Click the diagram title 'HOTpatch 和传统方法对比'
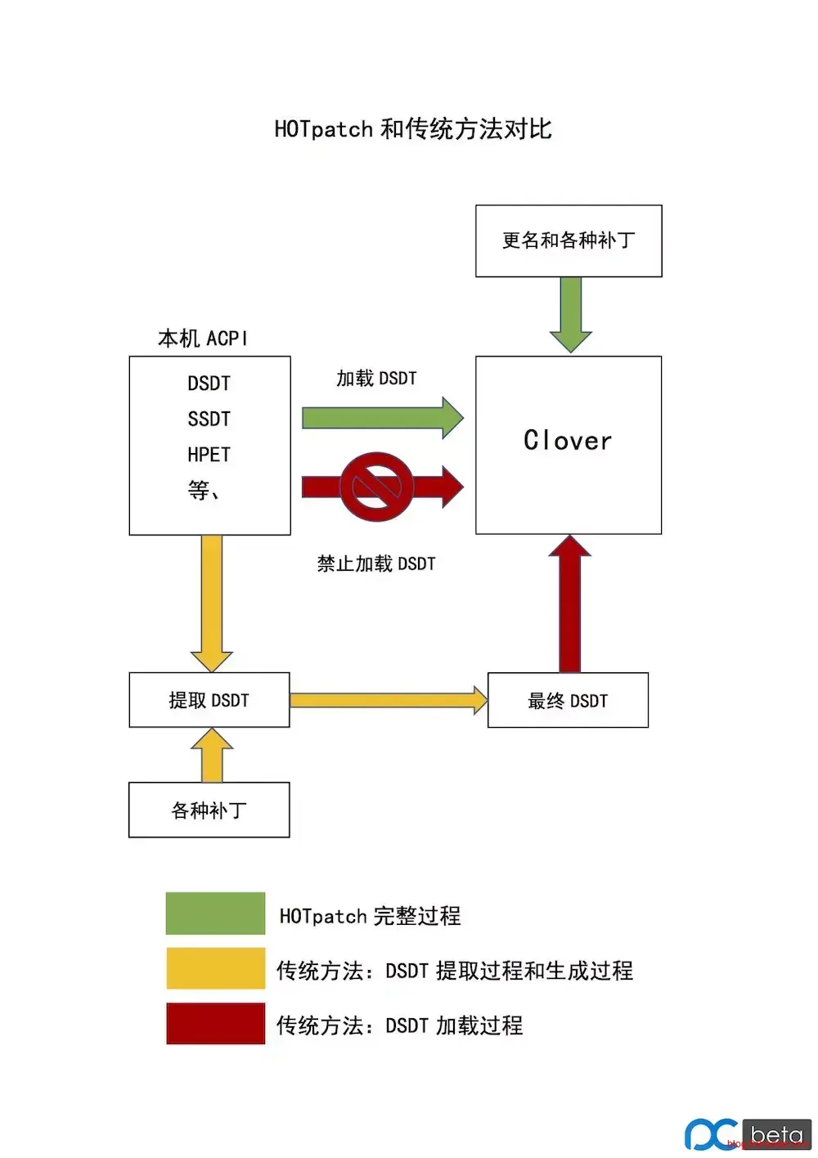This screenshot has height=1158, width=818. coord(413,129)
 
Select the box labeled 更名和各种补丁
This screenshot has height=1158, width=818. coord(569,240)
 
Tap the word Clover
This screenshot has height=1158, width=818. coord(568,441)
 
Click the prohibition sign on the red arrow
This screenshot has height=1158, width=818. coord(376,487)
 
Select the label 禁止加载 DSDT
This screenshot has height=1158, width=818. coord(376,563)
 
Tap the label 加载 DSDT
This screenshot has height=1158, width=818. coord(376,379)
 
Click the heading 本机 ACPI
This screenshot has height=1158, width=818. coord(202,339)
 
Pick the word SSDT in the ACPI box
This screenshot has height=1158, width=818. coord(209,420)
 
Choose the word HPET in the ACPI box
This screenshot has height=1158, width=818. coord(209,455)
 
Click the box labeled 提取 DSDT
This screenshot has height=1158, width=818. coord(209,700)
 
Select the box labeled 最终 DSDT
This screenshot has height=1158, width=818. coord(568,701)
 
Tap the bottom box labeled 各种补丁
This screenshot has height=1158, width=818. coord(209,810)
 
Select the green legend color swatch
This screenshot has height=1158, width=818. coord(215,913)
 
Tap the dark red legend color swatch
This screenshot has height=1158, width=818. coord(215,1023)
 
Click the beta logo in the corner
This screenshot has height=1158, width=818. coord(748,1134)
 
